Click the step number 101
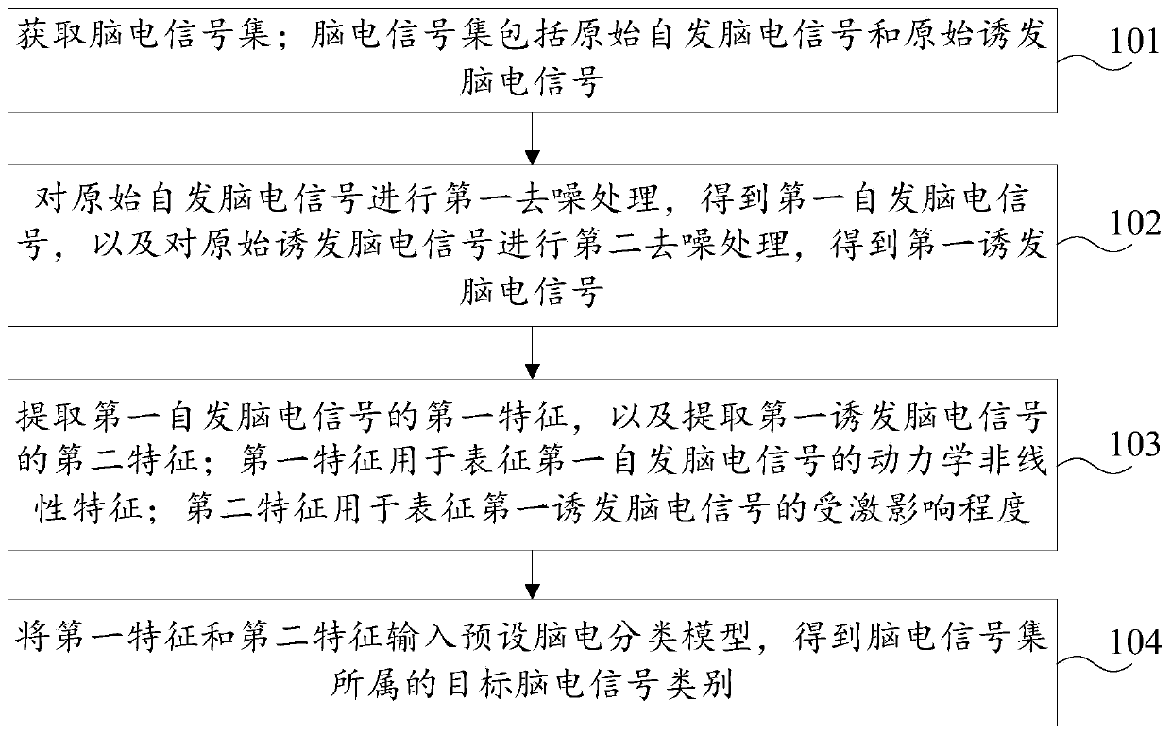[1132, 42]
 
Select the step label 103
[1132, 444]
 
